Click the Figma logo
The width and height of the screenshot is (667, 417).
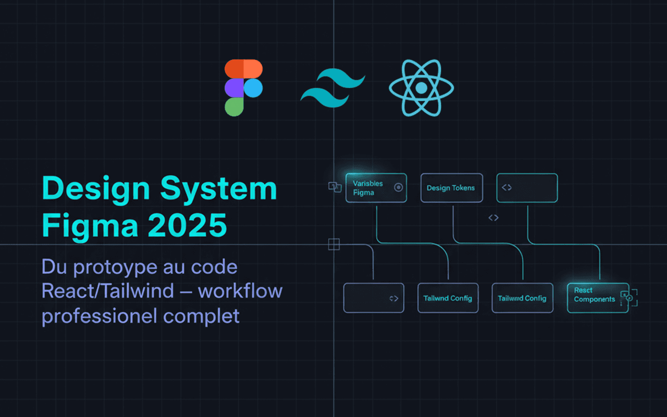click(x=243, y=87)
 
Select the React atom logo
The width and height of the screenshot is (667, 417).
click(x=421, y=87)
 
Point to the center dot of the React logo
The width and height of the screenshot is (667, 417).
click(x=421, y=88)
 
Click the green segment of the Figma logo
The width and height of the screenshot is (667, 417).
click(x=234, y=106)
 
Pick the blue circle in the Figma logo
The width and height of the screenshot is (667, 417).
click(x=253, y=88)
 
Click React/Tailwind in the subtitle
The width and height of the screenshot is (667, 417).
click(x=107, y=291)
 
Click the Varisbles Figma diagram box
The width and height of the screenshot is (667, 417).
click(x=376, y=188)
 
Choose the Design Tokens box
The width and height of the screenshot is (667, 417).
click(x=451, y=188)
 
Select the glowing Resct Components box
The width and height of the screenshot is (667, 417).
click(x=597, y=298)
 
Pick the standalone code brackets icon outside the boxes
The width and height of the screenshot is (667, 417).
click(x=493, y=218)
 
